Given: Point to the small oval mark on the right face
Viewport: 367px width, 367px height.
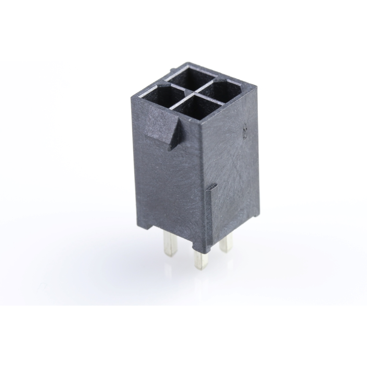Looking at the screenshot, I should tap(244, 133).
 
